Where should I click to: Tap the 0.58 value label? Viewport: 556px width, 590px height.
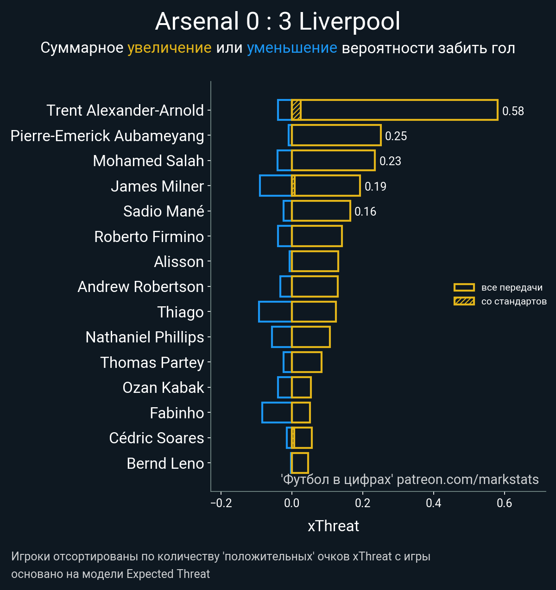513,111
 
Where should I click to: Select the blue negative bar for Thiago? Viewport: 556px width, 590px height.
275,311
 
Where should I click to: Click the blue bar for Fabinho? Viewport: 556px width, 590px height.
277,412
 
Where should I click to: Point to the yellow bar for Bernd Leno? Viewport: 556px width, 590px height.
300,463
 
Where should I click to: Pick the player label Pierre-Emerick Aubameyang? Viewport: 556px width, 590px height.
107,136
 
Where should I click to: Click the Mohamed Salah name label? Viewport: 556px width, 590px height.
148,161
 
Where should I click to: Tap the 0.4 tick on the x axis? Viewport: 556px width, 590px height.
434,503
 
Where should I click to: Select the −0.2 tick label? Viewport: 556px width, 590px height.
221,503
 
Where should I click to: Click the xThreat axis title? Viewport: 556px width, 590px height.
333,526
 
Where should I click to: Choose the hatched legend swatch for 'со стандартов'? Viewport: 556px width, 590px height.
464,301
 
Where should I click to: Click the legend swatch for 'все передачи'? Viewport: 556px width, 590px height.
464,287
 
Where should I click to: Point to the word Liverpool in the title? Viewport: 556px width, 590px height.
349,22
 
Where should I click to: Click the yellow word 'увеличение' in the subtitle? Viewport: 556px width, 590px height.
169,48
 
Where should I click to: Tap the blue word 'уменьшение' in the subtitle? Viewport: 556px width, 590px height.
292,48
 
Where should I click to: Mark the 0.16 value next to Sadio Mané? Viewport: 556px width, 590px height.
365,211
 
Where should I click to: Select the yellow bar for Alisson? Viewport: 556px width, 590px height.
315,261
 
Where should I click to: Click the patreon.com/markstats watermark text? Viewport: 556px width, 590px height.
468,479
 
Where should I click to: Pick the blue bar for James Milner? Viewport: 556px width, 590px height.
276,186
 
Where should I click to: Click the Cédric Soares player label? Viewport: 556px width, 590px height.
156,438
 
